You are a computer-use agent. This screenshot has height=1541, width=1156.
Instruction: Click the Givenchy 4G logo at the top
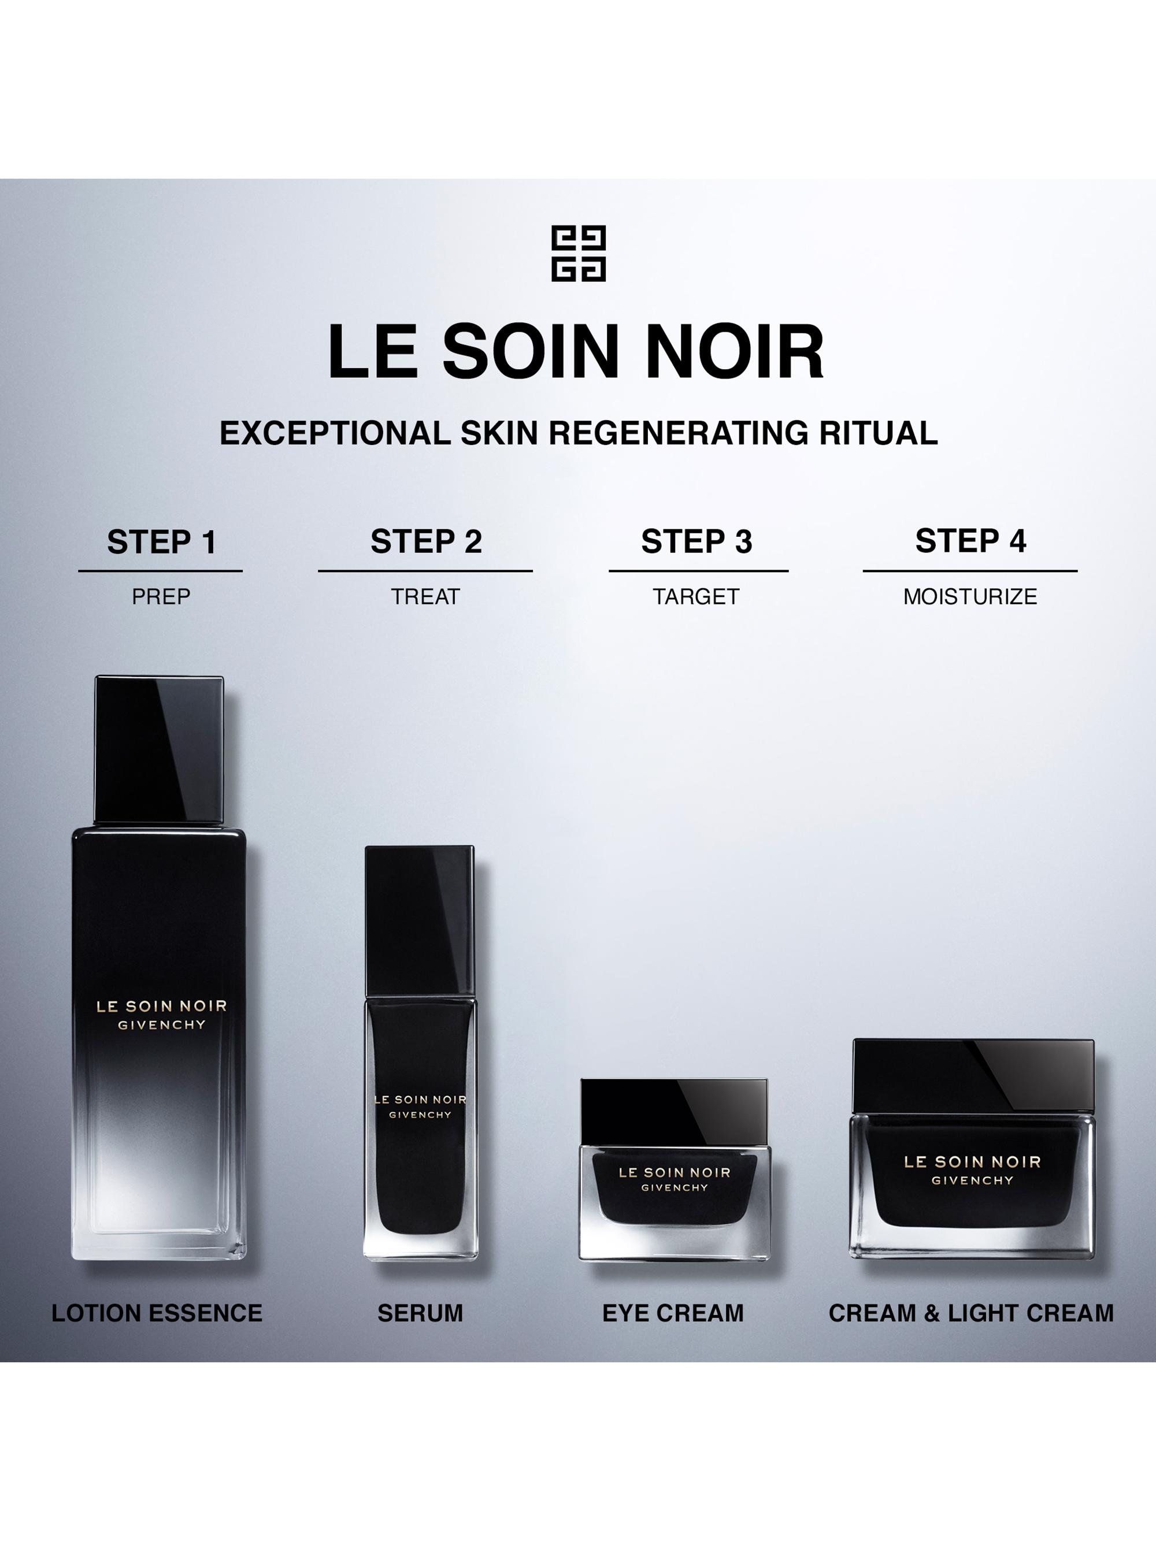[579, 253]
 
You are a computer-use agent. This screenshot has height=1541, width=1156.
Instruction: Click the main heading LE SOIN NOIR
[576, 352]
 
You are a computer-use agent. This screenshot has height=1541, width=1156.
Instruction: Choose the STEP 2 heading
[426, 541]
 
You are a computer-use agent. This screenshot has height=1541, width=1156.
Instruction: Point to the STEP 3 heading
[697, 541]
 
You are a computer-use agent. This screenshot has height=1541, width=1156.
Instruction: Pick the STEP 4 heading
[970, 541]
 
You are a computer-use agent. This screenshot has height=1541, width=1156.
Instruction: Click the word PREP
[161, 596]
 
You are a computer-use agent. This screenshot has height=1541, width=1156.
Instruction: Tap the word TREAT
[425, 596]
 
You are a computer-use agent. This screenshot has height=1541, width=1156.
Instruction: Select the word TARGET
[696, 596]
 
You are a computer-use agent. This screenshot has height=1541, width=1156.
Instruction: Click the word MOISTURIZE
[970, 596]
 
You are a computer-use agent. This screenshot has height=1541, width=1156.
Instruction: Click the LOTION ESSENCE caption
[157, 1313]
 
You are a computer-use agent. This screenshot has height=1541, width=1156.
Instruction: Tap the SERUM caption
[420, 1313]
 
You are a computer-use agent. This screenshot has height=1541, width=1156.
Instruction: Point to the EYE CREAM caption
[673, 1313]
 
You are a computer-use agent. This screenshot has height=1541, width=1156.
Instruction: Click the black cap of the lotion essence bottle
[159, 749]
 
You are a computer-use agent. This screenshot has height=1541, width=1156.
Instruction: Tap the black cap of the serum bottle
[420, 920]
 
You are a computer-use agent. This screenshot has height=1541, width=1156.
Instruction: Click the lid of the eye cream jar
[674, 1112]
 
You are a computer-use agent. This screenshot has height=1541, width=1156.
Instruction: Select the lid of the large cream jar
[973, 1076]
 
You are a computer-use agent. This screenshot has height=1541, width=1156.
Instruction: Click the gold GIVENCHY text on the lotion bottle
[162, 1025]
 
